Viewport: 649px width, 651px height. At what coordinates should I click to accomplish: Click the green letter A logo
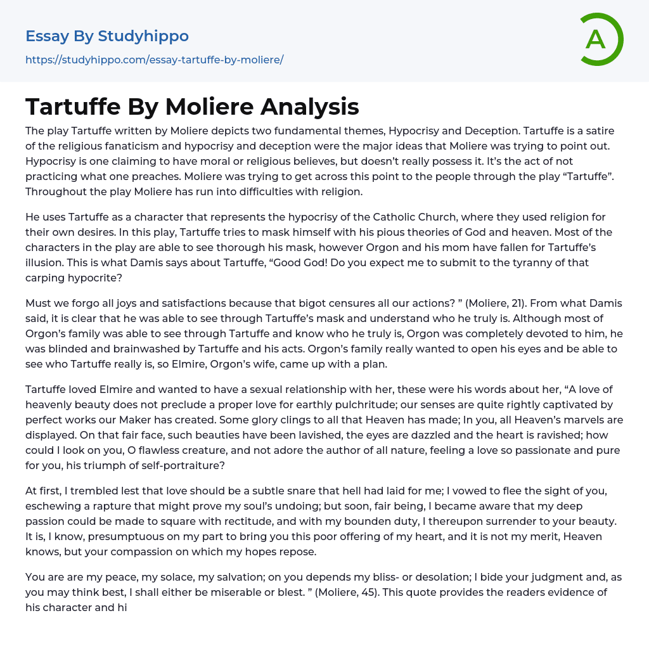pos(600,39)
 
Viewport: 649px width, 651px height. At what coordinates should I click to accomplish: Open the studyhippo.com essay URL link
pos(154,60)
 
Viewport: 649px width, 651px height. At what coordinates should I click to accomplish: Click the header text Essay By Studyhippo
pos(107,36)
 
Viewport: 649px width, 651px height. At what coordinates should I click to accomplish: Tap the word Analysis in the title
pos(310,106)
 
